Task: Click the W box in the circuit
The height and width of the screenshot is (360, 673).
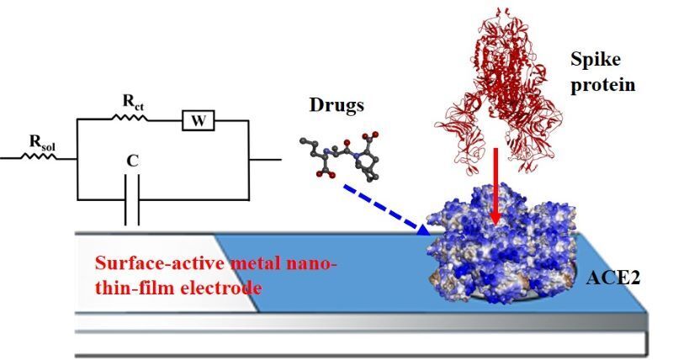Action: (x=199, y=121)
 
